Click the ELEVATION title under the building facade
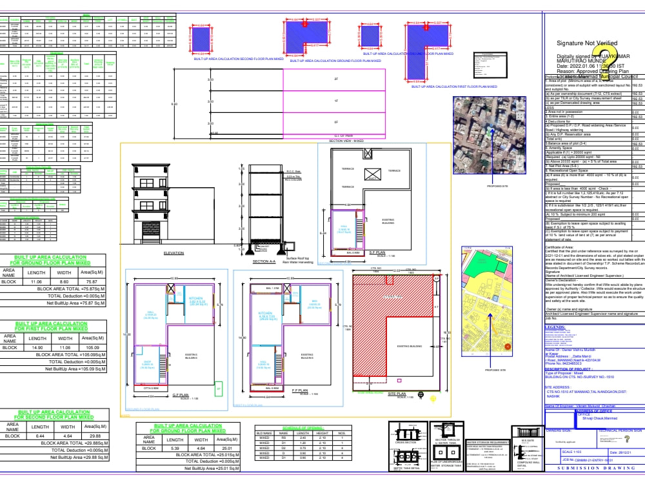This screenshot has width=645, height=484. pos(174,254)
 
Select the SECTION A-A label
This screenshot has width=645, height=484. pos(264,261)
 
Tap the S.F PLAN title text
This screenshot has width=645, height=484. pos(376,253)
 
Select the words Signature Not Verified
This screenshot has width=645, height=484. pos(587,43)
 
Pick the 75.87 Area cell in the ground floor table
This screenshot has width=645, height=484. pos(87,282)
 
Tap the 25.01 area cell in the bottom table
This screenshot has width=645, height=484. pos(226,447)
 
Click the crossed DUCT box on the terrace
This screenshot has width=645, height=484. pos(373,174)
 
